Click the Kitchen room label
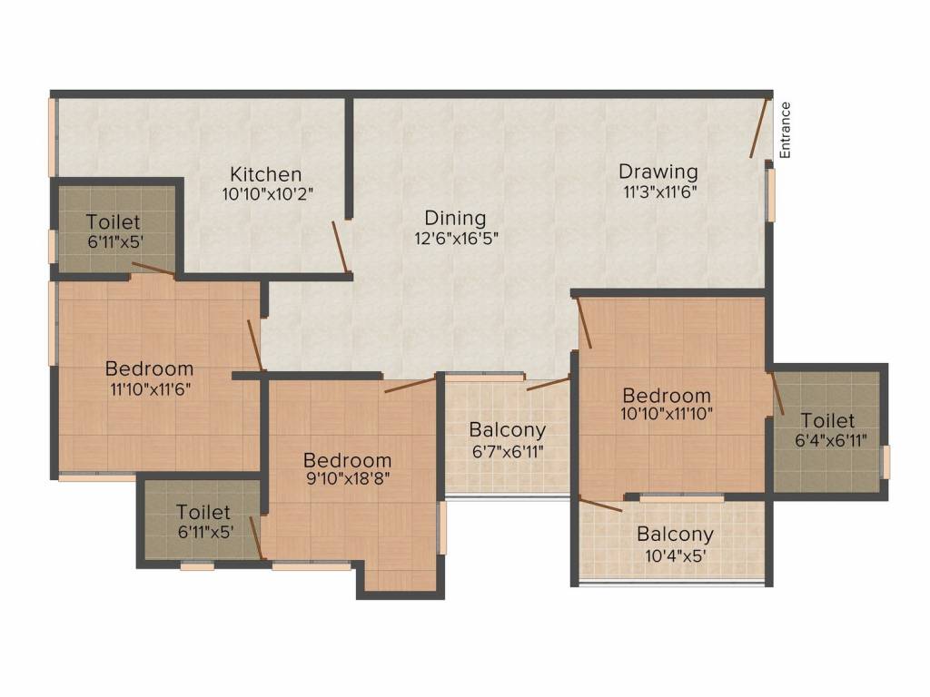(x=266, y=174)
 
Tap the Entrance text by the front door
(x=785, y=130)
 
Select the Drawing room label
(x=658, y=172)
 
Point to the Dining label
(x=456, y=218)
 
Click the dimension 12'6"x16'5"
(x=456, y=239)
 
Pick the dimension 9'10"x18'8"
(x=347, y=478)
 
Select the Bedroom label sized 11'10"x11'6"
(x=150, y=368)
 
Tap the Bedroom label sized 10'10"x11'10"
(x=667, y=396)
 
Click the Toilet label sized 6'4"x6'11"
(x=827, y=421)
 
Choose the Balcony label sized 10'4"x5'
(x=675, y=535)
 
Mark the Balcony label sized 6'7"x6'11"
(x=507, y=429)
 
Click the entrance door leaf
(x=758, y=127)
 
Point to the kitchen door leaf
(x=340, y=247)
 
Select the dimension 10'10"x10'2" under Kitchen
(x=267, y=194)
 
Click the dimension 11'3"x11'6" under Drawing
(x=659, y=191)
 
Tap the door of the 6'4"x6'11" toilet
(x=777, y=393)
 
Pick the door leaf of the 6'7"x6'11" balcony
(x=548, y=383)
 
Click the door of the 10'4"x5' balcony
(x=601, y=505)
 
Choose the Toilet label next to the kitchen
(x=114, y=222)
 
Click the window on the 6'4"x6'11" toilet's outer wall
(x=885, y=462)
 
